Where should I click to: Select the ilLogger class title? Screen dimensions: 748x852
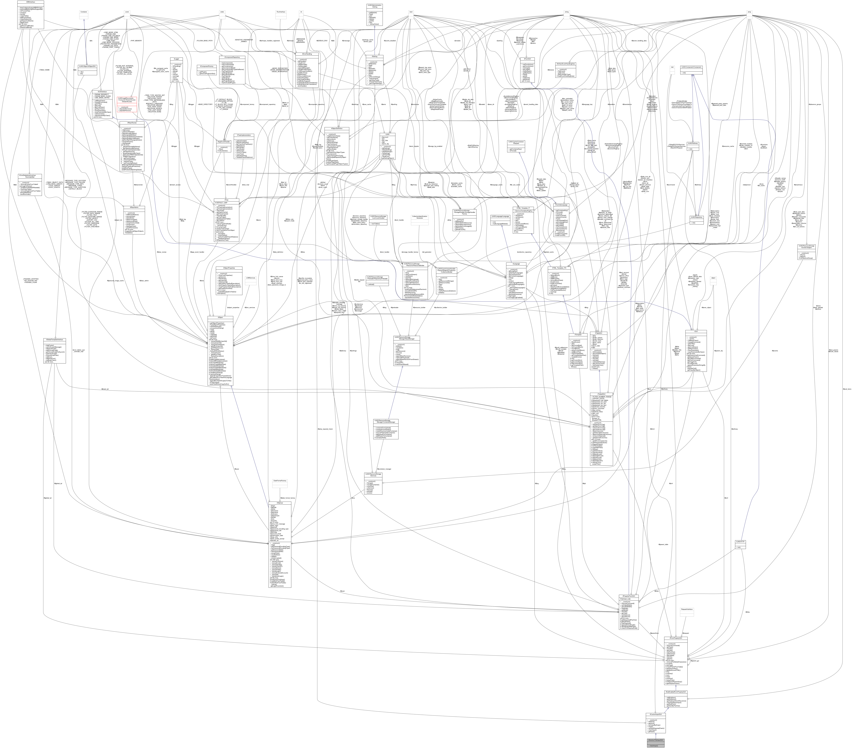177,59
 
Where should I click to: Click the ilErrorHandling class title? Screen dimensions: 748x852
307,54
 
